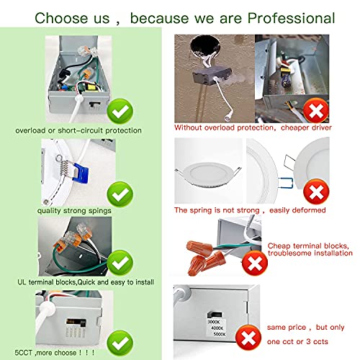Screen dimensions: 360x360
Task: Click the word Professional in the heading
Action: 291,19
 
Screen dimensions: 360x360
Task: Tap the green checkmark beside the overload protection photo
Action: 120,111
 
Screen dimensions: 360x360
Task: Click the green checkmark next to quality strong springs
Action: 120,194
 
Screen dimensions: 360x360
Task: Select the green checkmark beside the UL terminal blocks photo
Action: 120,263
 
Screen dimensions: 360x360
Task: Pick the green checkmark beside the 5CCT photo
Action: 120,343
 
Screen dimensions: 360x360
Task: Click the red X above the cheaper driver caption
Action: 316,111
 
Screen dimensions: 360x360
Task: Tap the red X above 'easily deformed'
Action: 316,192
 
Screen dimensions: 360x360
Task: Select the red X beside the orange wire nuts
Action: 255,264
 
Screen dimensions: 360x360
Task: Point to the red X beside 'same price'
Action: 248,338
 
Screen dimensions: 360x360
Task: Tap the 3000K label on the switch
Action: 213,322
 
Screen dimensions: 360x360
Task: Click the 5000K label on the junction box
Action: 220,334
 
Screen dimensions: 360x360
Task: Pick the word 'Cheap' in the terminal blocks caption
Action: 279,246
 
